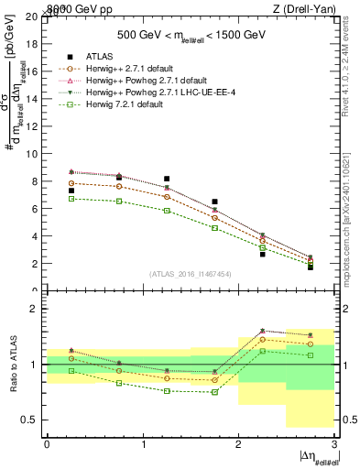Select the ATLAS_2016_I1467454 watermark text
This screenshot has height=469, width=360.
[x=190, y=273]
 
